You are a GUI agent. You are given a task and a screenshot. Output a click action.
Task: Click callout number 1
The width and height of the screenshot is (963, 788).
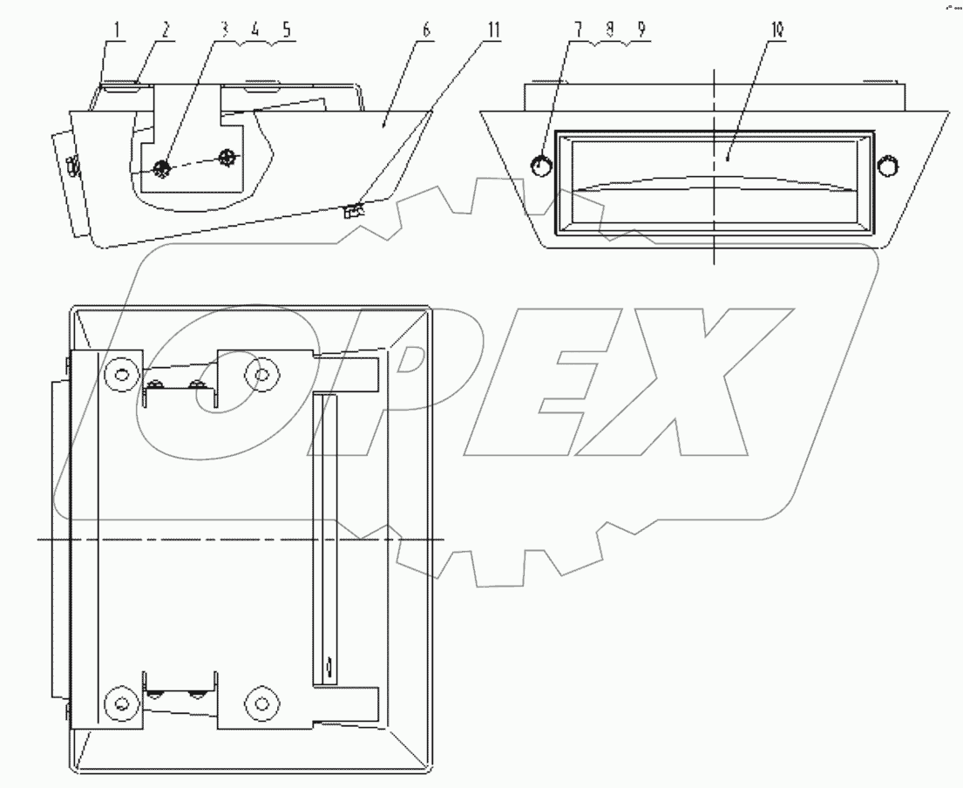[x=115, y=29]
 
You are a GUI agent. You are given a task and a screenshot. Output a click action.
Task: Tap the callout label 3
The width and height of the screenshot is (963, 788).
[x=225, y=29]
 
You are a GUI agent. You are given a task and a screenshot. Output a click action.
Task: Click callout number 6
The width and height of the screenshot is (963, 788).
[x=425, y=29]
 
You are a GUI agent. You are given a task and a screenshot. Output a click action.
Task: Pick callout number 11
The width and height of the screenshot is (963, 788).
[x=494, y=29]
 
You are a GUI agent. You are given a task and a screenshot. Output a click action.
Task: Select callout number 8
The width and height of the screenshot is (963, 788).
[x=609, y=29]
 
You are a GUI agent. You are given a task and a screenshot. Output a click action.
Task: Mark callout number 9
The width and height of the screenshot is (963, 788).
[x=641, y=29]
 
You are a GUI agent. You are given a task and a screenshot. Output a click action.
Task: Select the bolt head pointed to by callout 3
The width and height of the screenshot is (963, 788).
[x=161, y=168]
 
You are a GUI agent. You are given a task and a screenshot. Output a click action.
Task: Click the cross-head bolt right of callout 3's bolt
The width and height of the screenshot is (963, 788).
[x=228, y=158]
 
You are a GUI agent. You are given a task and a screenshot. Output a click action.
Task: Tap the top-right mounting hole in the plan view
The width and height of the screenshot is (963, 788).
[x=260, y=375]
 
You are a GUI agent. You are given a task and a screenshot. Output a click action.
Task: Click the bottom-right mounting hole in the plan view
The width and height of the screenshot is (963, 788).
[x=260, y=703]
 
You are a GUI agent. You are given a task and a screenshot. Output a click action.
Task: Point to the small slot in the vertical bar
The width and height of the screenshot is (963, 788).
[x=327, y=669]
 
